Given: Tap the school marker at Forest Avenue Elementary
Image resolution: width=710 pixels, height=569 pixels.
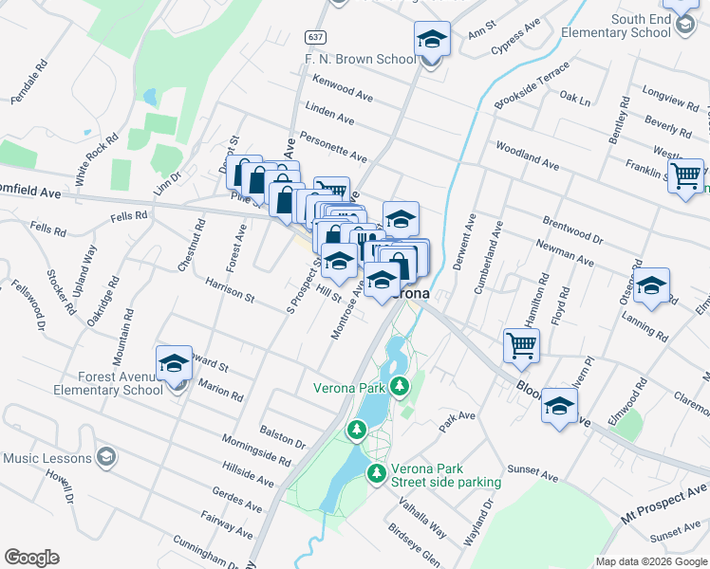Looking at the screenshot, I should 174,364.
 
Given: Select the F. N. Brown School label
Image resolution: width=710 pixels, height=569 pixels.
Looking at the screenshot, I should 359,59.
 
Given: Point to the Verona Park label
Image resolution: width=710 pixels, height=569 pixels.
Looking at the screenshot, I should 349,387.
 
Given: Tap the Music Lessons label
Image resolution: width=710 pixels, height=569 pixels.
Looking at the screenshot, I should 47,458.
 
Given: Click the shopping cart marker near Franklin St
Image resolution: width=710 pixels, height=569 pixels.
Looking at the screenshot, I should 685,175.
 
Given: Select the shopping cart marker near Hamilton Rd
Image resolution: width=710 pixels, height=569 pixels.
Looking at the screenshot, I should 521,345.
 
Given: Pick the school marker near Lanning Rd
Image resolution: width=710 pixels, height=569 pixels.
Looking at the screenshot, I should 651,285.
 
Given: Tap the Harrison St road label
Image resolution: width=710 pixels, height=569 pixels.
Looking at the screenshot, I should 230,290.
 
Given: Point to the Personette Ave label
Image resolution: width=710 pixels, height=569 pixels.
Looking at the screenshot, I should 332,147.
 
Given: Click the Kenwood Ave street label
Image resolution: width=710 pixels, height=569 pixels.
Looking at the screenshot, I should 342,90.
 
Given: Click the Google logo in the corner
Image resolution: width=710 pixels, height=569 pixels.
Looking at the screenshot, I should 31,558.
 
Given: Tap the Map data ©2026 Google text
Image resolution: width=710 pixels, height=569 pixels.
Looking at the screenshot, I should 650,561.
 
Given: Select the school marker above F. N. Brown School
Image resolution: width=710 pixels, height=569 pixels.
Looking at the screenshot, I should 431,40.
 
